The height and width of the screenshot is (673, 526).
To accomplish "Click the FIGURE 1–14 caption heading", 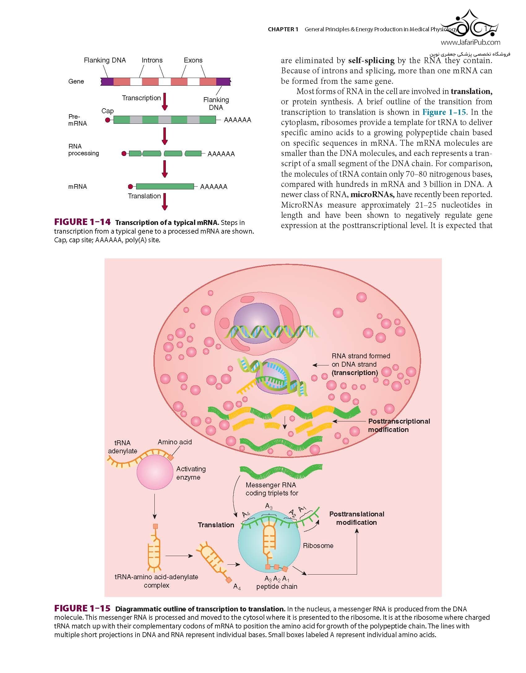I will (x=82, y=222).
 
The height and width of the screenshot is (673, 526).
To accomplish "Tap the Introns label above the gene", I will (x=152, y=60).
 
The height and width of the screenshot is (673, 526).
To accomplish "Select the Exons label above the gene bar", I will (x=193, y=60).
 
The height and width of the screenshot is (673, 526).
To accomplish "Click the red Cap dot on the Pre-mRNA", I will (x=108, y=120).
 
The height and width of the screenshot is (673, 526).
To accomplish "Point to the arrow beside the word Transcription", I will (x=165, y=102).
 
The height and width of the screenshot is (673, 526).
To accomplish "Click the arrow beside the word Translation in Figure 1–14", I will (x=165, y=202).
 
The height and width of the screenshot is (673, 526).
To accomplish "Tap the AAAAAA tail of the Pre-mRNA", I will (x=237, y=120).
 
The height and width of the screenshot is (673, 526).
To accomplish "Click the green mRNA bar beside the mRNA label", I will (x=165, y=187).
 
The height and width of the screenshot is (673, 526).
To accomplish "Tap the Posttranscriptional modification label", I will (x=399, y=425).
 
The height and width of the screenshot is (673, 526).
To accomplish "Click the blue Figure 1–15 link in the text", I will (x=444, y=112).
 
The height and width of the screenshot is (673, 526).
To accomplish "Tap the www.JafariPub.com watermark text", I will (x=470, y=42).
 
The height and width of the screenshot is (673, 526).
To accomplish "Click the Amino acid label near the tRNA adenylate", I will (x=175, y=442).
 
